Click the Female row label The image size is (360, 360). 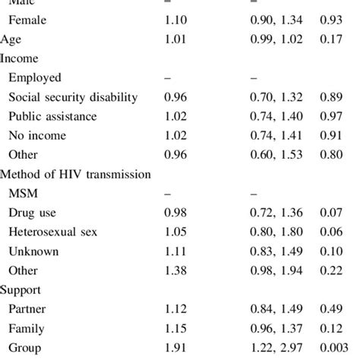coord(27,21)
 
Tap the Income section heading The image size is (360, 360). coord(20,58)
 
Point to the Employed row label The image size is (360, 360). coord(35,77)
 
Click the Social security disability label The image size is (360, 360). coord(73,96)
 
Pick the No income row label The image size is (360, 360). coord(37,135)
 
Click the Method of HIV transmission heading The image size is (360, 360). coord(76,174)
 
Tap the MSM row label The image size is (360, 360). coord(22,194)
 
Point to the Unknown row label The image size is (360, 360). coord(34,251)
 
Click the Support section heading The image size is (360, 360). coord(22,289)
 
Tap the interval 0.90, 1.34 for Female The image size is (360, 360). coord(276,21)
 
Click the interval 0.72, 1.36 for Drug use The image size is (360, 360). coord(276,213)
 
